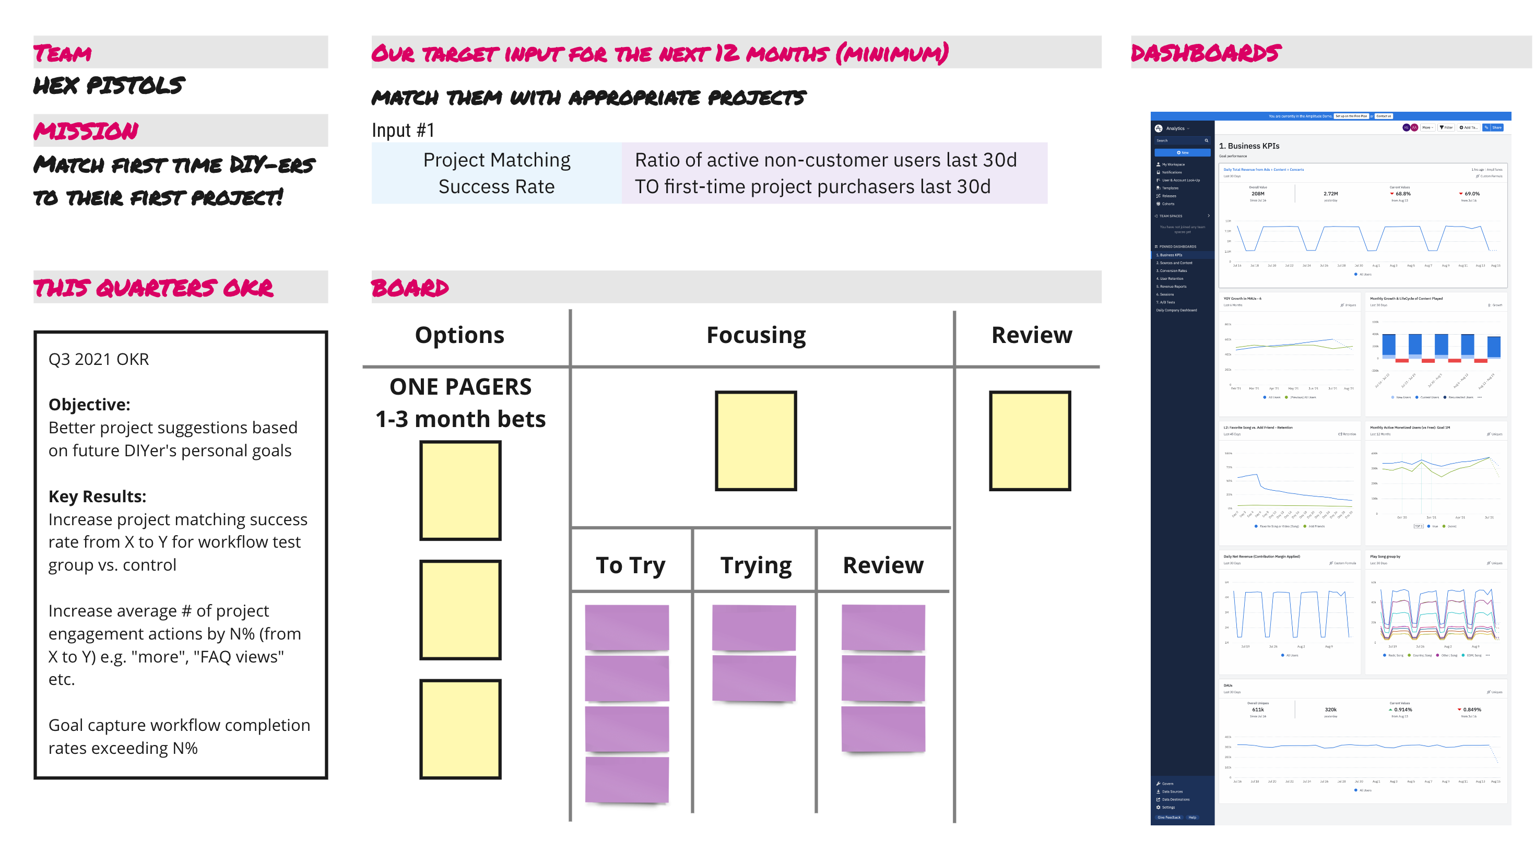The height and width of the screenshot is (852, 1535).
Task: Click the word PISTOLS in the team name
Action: click(136, 86)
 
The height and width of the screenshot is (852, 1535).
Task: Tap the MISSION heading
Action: click(86, 131)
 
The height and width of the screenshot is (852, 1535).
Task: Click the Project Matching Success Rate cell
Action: click(497, 173)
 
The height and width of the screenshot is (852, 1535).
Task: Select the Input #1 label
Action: click(403, 130)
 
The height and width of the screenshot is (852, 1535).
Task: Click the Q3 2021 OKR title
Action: click(98, 359)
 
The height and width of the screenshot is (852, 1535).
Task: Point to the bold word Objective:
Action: click(89, 405)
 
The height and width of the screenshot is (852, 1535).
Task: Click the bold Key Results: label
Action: click(97, 496)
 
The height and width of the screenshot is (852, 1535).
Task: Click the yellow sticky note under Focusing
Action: click(755, 441)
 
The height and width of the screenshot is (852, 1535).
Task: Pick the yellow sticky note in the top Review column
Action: click(1030, 441)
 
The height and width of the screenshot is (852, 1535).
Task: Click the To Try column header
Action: click(631, 565)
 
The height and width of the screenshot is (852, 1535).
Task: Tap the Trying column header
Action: click(755, 565)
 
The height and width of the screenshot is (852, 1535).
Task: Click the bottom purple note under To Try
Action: click(627, 780)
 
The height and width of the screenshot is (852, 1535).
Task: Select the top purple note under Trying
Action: click(754, 628)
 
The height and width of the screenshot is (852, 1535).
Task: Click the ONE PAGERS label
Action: click(460, 387)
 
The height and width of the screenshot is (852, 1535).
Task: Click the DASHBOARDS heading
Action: click(1206, 53)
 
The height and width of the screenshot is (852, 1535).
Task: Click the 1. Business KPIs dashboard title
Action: click(1249, 146)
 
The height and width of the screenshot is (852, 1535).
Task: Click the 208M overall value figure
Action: click(1257, 194)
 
